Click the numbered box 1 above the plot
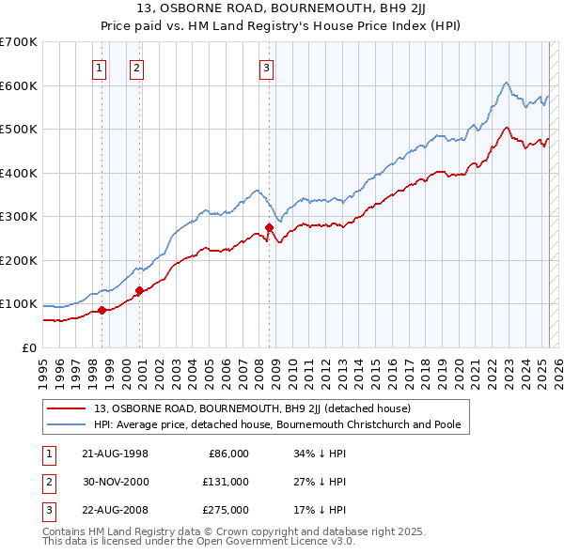click(x=100, y=67)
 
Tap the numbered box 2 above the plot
click(x=136, y=67)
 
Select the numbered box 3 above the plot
click(x=266, y=67)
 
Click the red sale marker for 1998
click(x=102, y=310)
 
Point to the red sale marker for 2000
click(x=139, y=290)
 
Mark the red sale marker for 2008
click(x=270, y=227)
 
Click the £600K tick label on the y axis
click(x=19, y=85)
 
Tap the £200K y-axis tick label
click(x=19, y=260)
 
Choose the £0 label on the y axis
click(x=29, y=347)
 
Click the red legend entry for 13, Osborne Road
click(x=252, y=408)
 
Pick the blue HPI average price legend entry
click(x=276, y=424)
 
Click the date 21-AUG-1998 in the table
click(x=116, y=454)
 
